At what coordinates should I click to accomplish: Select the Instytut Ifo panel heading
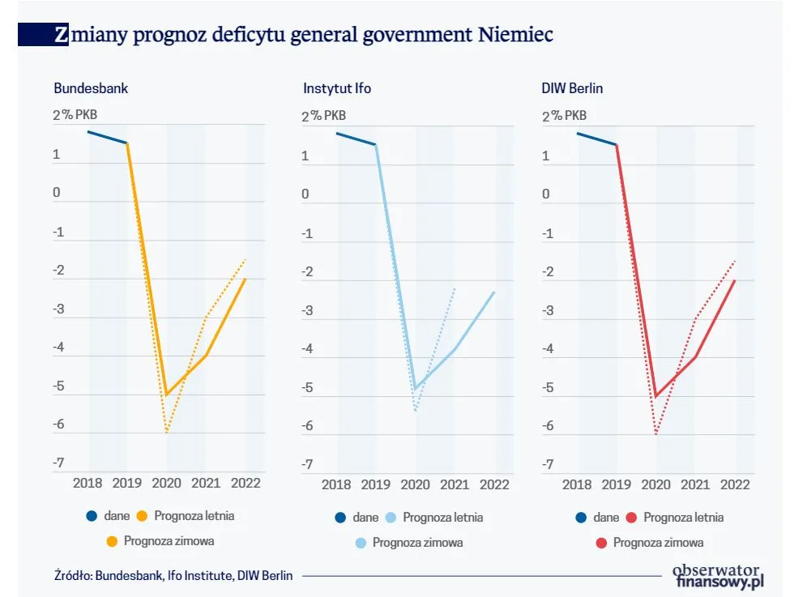(337, 88)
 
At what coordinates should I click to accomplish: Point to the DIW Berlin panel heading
(572, 88)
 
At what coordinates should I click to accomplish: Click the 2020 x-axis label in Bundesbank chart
(166, 484)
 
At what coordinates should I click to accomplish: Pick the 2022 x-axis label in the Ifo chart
(495, 484)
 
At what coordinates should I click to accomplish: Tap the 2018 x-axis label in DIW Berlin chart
(577, 484)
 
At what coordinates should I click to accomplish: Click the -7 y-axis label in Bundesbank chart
(58, 463)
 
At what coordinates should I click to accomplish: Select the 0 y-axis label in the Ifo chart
(305, 194)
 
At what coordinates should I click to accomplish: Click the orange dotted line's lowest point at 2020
(167, 433)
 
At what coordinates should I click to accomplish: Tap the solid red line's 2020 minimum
(656, 395)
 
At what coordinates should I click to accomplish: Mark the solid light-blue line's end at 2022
(494, 292)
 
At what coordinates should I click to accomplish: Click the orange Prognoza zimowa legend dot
(114, 540)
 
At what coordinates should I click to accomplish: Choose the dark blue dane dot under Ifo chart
(339, 517)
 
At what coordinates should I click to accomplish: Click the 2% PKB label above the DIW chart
(564, 116)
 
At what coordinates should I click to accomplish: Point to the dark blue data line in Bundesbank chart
(107, 137)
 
